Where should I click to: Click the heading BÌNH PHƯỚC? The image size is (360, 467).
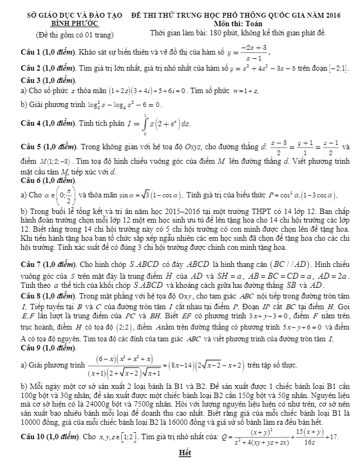pyautogui.click(x=75, y=24)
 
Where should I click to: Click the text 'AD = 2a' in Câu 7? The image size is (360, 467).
pyautogui.click(x=335, y=276)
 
